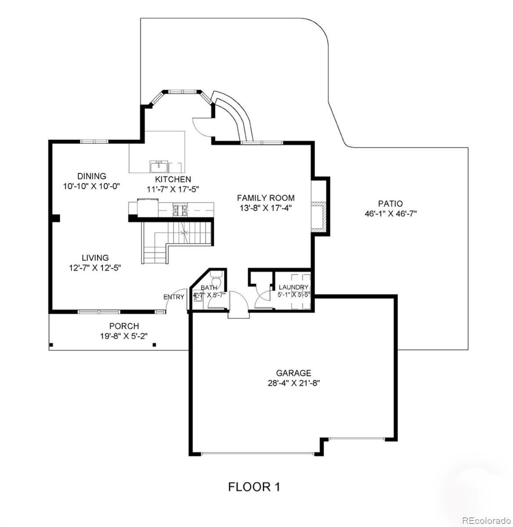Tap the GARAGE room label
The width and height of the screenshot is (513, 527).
click(x=294, y=373)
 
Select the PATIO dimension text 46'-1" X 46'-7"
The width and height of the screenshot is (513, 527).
click(x=391, y=214)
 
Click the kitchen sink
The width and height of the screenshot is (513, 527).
click(x=158, y=166)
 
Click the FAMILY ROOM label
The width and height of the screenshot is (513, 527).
click(x=265, y=198)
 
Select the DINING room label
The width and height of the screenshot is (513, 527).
click(x=92, y=176)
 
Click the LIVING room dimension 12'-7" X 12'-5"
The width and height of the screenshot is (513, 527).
click(x=95, y=268)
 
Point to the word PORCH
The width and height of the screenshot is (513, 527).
click(x=124, y=326)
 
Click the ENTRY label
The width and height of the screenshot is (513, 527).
click(x=174, y=297)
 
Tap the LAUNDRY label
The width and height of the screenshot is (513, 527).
click(x=294, y=287)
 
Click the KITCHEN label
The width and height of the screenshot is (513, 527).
click(x=173, y=179)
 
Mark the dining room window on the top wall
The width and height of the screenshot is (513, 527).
click(x=94, y=141)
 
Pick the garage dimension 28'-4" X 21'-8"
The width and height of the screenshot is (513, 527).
click(x=294, y=383)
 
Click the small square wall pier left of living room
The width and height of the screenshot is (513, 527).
click(x=56, y=218)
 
